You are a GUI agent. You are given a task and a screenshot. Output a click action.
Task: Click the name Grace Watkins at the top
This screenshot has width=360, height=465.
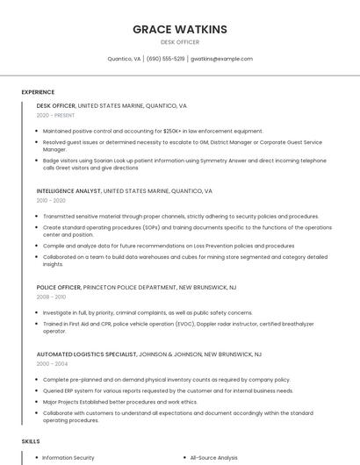click(x=179, y=29)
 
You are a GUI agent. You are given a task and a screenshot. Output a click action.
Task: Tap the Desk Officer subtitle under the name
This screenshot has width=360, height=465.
click(x=179, y=42)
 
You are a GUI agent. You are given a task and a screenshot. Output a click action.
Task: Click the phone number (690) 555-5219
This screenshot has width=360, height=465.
click(x=165, y=59)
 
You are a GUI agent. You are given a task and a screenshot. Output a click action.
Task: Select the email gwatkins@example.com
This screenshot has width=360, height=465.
click(x=221, y=59)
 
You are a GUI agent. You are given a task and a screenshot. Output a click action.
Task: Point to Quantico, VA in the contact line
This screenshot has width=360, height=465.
click(x=124, y=59)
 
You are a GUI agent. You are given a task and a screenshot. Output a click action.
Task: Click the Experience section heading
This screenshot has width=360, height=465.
click(x=38, y=92)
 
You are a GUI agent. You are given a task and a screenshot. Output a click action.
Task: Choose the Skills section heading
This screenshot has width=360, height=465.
click(x=31, y=441)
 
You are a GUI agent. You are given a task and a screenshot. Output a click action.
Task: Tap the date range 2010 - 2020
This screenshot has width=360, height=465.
click(x=51, y=201)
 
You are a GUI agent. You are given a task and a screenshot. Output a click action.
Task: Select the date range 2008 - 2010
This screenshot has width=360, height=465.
click(x=51, y=297)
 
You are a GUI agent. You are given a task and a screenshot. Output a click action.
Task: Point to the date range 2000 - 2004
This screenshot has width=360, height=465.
click(x=51, y=363)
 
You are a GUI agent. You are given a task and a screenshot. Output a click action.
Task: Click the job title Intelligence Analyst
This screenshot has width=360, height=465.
click(x=68, y=190)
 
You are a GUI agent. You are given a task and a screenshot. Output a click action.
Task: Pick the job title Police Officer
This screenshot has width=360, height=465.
click(x=59, y=287)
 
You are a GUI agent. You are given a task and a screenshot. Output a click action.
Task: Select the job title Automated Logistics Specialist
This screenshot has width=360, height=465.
click(x=86, y=354)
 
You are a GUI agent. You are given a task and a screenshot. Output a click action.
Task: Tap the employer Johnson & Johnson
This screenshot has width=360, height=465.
click(x=170, y=354)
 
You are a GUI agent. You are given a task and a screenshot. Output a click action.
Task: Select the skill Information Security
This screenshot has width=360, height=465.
click(x=68, y=457)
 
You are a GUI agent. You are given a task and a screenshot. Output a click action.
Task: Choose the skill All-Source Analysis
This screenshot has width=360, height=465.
click(x=213, y=457)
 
